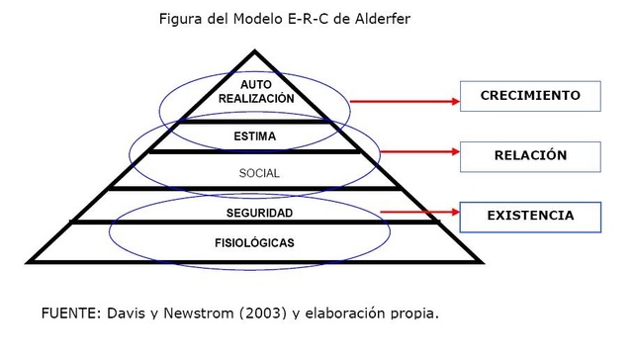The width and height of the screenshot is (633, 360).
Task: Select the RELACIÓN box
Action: pyautogui.click(x=530, y=155)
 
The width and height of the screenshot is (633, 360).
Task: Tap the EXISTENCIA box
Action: pyautogui.click(x=530, y=215)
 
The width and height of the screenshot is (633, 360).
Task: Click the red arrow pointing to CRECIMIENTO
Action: pyautogui.click(x=405, y=101)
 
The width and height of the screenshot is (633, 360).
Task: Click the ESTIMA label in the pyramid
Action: pyautogui.click(x=255, y=136)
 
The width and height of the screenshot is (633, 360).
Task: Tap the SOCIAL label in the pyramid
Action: pyautogui.click(x=259, y=173)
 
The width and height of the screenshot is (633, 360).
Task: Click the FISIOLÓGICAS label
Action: pyautogui.click(x=255, y=242)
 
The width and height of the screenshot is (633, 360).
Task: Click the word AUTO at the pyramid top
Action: pyautogui.click(x=255, y=85)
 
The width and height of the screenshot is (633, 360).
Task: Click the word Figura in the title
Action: pyautogui.click(x=182, y=19)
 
